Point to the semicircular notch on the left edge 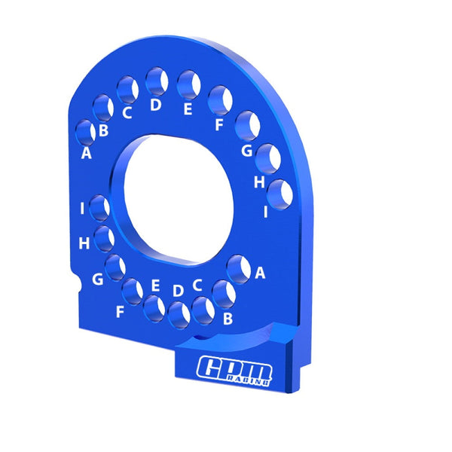[x=79, y=285]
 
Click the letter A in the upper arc [x=86, y=154]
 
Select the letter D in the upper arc [x=155, y=105]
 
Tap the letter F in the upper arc [x=219, y=125]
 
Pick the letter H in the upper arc [x=259, y=182]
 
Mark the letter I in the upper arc [x=266, y=212]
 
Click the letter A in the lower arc [x=261, y=273]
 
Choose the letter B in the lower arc [x=228, y=319]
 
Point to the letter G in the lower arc [x=97, y=280]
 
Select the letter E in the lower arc [x=155, y=286]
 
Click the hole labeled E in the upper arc [x=189, y=84]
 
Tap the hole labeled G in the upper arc [x=247, y=126]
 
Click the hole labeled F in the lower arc [x=132, y=290]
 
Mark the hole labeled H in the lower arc [x=105, y=238]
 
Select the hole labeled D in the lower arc [x=179, y=315]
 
